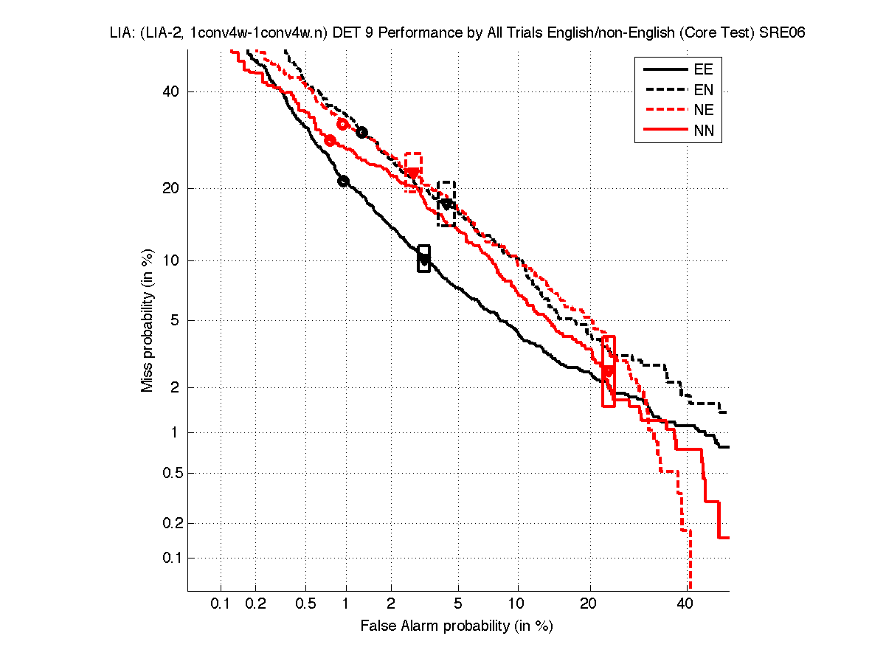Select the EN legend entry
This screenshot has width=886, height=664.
pos(702,90)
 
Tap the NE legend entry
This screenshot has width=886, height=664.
pos(702,111)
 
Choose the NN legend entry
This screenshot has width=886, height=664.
pos(702,131)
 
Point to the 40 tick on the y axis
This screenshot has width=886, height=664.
pos(171,91)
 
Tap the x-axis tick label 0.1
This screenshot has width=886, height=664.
pos(221,604)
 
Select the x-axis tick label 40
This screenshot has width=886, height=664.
pos(685,604)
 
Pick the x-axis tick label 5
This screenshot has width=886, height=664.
pos(458,604)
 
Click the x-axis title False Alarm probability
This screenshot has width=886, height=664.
pos(457,626)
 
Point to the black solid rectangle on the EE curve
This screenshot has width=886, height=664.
pos(423,259)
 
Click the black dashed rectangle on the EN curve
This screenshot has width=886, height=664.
pos(446,204)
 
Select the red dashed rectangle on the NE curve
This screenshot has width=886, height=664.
pos(413,173)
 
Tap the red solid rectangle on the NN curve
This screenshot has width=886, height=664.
pos(609,371)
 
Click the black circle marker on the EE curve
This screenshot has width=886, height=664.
pos(343,181)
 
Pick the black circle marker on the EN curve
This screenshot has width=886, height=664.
pos(361,133)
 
